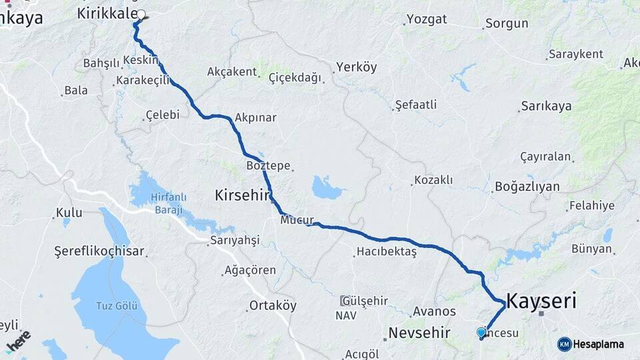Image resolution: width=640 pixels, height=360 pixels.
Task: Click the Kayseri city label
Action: (541, 301)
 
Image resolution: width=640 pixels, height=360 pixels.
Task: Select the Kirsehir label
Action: (241, 195)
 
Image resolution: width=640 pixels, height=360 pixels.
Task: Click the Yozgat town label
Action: (427, 19)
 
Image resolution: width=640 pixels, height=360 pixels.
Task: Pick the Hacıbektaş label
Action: (387, 251)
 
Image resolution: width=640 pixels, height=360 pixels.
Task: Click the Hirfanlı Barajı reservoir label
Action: (169, 201)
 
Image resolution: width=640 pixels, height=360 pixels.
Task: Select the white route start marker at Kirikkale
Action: (141, 14)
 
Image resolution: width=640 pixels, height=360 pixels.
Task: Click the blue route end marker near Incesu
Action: (481, 331)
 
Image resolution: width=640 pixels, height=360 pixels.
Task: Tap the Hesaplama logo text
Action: (597, 344)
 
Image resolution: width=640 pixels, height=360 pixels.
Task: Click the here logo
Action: (18, 341)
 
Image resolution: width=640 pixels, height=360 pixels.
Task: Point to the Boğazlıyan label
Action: (527, 187)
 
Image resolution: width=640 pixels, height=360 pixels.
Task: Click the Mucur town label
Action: (297, 219)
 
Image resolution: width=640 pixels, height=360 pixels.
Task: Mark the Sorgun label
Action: (507, 23)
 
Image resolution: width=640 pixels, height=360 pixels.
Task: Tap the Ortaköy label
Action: (272, 305)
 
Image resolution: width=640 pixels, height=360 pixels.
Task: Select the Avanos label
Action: (434, 311)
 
